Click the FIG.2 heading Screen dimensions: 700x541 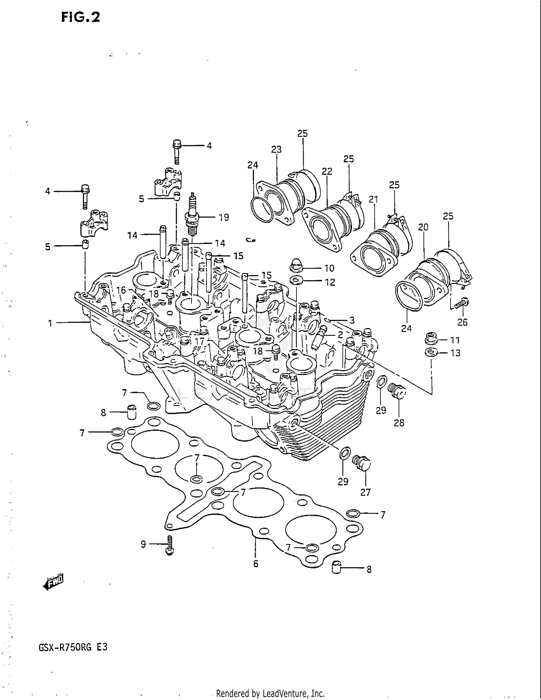click(80, 17)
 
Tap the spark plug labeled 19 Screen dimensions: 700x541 click(192, 215)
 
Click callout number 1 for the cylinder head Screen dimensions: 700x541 click(50, 323)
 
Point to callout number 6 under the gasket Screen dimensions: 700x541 click(256, 563)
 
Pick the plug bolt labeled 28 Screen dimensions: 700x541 click(397, 391)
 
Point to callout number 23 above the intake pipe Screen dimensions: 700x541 click(276, 149)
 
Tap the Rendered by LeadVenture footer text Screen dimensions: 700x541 click(270, 694)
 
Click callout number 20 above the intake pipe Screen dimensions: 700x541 click(423, 227)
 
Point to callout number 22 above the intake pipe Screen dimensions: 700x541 click(327, 171)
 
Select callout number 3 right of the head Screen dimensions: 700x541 click(352, 320)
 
